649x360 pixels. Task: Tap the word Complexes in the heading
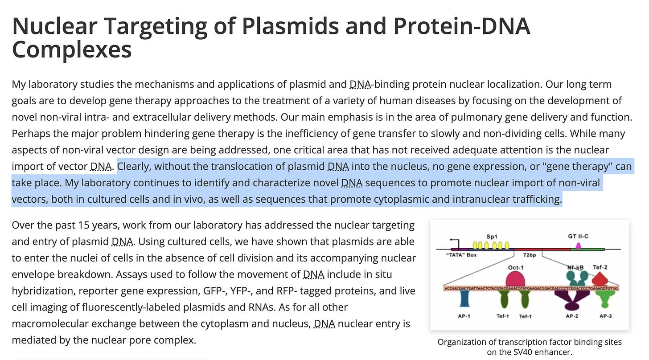72,49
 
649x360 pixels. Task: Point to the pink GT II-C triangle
579,245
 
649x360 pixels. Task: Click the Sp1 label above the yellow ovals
492,236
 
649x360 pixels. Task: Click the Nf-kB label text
575,267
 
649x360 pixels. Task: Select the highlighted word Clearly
134,167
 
